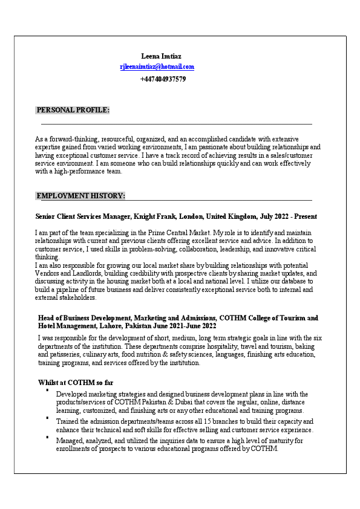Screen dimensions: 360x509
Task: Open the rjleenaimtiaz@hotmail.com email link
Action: [157, 67]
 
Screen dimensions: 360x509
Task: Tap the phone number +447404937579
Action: [163, 79]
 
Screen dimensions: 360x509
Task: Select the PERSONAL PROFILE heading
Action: [73, 110]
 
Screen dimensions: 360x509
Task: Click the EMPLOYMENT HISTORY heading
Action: [80, 196]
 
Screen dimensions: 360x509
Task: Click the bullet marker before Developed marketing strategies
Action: [47, 391]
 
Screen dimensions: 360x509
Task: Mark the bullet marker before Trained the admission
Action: [47, 417]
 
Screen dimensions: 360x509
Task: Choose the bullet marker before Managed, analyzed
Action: [47, 436]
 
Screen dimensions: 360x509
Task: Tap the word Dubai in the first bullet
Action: [194, 402]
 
